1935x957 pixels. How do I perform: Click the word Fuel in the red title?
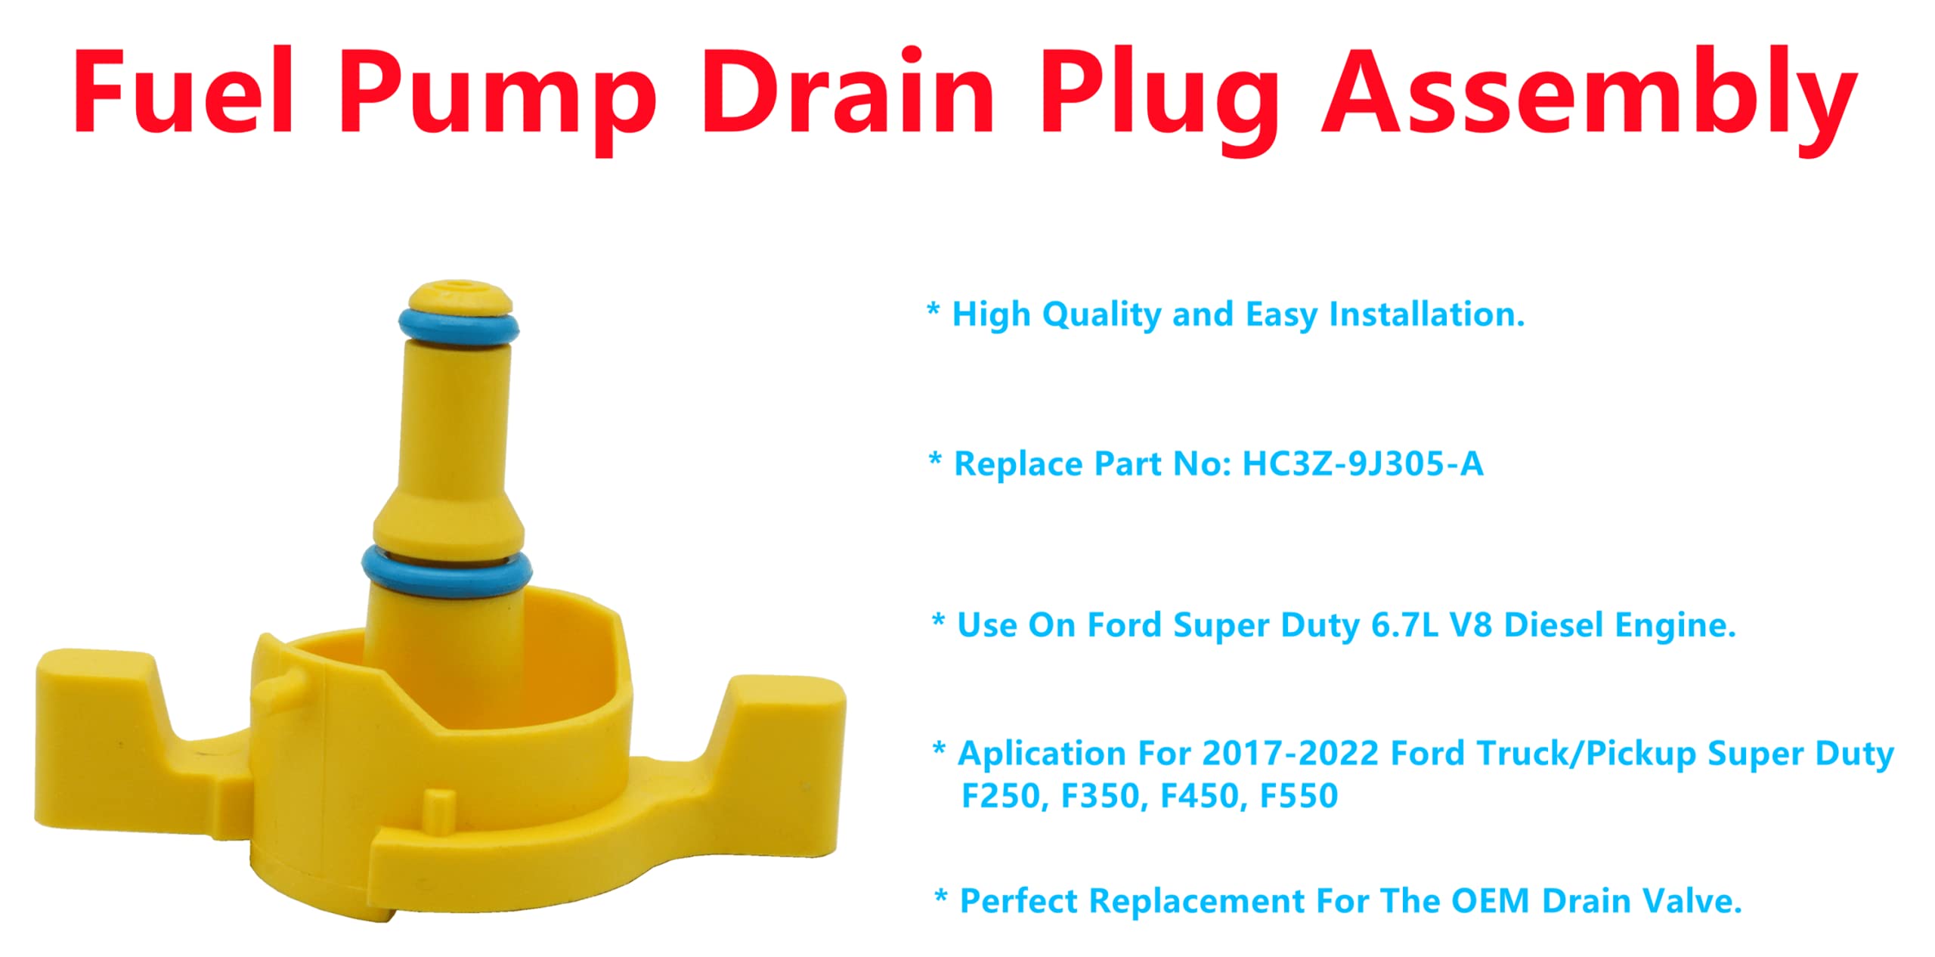pyautogui.click(x=184, y=92)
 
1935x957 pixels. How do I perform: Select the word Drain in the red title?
pyautogui.click(x=849, y=92)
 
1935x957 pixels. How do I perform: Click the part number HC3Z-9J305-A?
pyautogui.click(x=1363, y=464)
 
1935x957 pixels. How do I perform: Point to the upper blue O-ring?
pyautogui.click(x=459, y=327)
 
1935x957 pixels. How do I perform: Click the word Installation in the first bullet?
pyautogui.click(x=1427, y=315)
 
